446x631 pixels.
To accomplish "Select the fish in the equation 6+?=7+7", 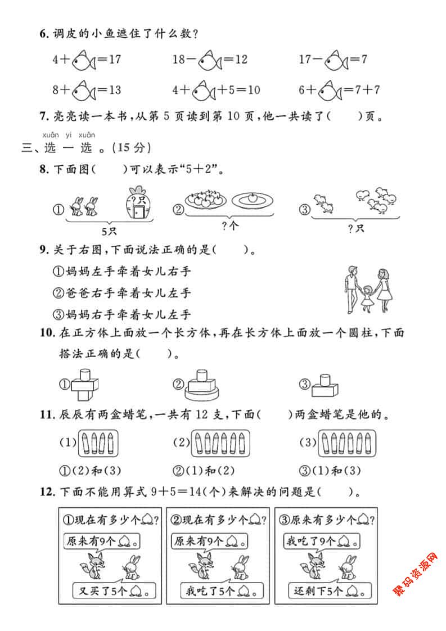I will point(336,89).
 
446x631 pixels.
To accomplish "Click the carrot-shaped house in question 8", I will point(138,204).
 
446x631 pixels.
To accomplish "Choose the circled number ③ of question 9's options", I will point(57,314).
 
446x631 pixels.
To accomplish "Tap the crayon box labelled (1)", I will point(100,443).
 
